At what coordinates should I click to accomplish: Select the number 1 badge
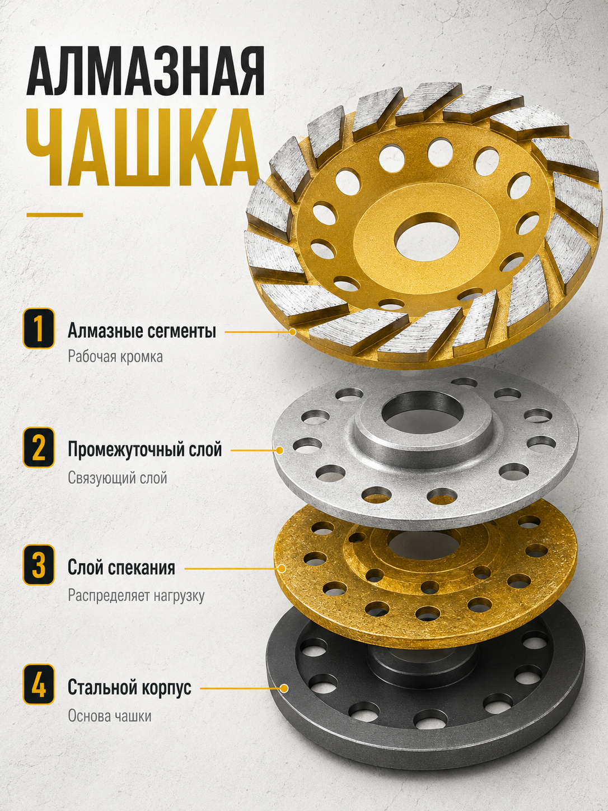tap(39, 328)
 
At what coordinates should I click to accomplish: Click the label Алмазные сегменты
tap(142, 331)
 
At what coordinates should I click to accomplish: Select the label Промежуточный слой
tap(144, 450)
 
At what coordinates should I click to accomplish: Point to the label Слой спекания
tap(121, 567)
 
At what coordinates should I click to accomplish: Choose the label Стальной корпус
tap(129, 687)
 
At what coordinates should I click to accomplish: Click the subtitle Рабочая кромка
tap(115, 357)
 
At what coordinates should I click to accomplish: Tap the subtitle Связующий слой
tap(118, 478)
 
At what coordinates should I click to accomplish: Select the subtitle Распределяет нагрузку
tap(136, 595)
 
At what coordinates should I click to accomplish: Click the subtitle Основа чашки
tap(110, 716)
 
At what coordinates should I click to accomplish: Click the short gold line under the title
tap(55, 215)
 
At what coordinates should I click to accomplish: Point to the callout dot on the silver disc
tap(279, 450)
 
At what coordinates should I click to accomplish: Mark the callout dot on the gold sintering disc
tap(282, 568)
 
